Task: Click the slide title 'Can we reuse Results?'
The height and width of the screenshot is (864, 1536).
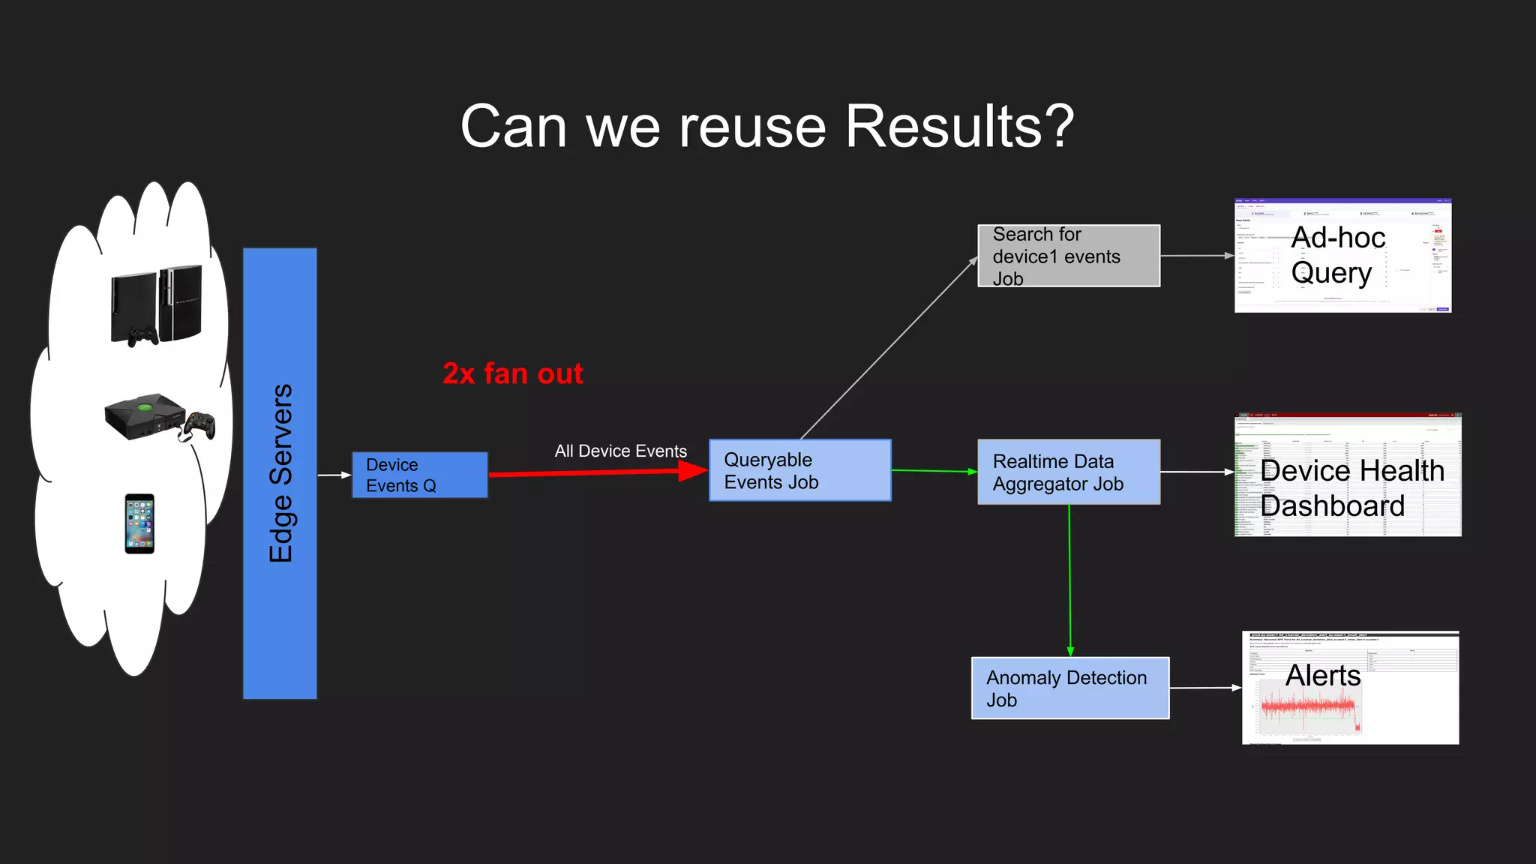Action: coord(767,127)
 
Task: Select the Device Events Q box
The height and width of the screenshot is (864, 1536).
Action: coord(419,475)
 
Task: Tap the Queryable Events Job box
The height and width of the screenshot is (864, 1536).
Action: coord(799,470)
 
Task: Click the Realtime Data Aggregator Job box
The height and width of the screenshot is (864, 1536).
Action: coord(1068,472)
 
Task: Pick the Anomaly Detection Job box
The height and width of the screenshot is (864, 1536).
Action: coord(1069,688)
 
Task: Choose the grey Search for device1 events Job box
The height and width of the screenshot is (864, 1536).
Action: coord(1068,256)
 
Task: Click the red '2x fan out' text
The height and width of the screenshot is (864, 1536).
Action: coord(512,373)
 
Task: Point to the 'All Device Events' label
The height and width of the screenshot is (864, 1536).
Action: coord(620,451)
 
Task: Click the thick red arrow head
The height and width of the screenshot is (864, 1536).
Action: coord(691,470)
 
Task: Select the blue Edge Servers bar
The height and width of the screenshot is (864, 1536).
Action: coord(280,473)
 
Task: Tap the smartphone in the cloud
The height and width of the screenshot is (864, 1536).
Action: coord(139,523)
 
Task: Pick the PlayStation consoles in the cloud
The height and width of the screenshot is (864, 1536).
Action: coord(157,304)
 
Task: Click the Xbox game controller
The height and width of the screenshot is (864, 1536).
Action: coord(200,425)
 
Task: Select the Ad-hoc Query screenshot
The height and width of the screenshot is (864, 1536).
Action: coord(1342,256)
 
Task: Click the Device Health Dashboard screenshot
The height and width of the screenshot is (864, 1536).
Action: coord(1347,474)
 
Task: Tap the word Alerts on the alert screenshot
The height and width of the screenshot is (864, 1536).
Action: coord(1323,676)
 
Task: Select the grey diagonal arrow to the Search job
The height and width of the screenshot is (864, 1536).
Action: coord(889,348)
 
